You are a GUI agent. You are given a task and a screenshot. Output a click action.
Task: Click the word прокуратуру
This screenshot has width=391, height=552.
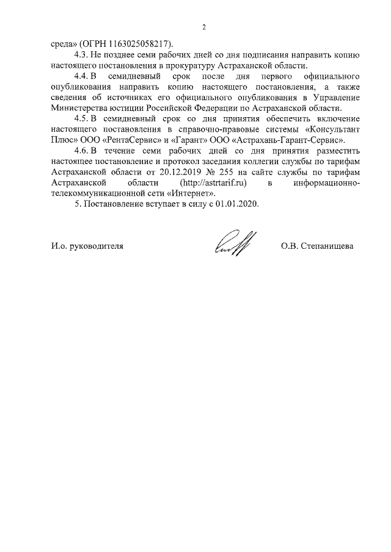[187, 65]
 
